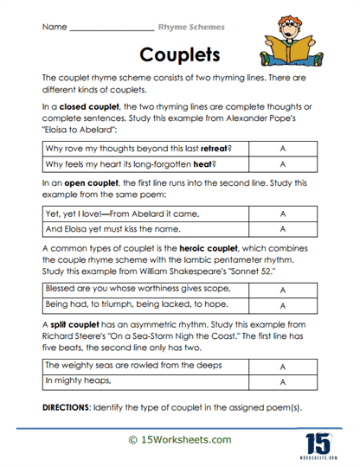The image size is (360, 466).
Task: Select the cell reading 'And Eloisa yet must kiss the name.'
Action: (145, 229)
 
